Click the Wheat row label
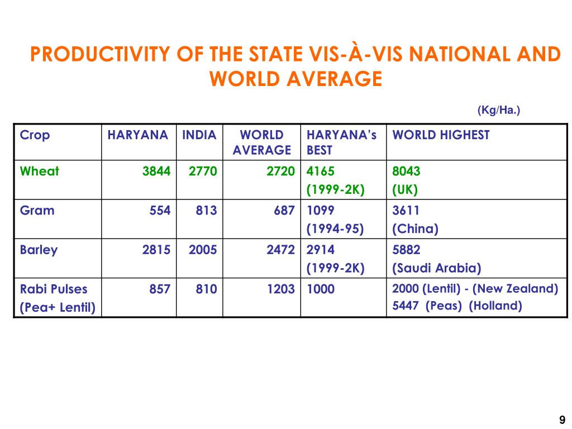tap(39, 171)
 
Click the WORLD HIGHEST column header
tap(441, 135)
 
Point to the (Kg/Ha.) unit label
tap(498, 111)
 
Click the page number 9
tap(562, 420)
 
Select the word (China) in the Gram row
tap(415, 228)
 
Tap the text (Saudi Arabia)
tap(436, 268)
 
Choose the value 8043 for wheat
tap(406, 171)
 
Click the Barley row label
tap(39, 250)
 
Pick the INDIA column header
tap(199, 135)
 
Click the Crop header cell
tap(35, 135)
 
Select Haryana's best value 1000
tap(321, 289)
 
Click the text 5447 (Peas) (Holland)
tap(457, 306)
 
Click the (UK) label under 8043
tap(404, 189)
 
